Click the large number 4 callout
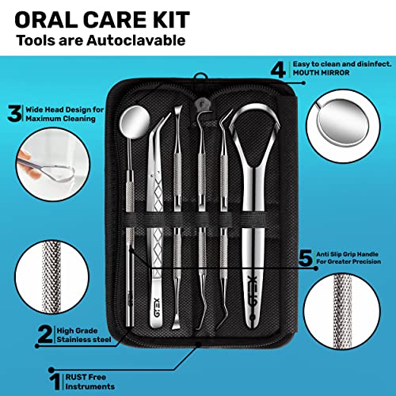point(276,69)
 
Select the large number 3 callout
point(13,114)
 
